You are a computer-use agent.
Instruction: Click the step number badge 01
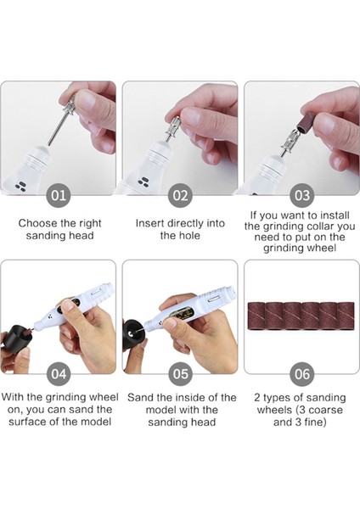point(59,196)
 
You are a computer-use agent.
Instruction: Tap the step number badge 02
point(180,196)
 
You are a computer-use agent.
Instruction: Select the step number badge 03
point(302,196)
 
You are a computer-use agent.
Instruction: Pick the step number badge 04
point(59,374)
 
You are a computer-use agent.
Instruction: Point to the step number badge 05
point(180,374)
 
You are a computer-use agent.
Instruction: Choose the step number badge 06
point(302,374)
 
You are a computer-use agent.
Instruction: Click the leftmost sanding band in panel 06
point(257,316)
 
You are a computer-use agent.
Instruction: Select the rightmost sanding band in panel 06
point(346,316)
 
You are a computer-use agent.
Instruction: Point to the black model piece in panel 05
point(133,335)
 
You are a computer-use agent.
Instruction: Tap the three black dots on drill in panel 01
point(20,186)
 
